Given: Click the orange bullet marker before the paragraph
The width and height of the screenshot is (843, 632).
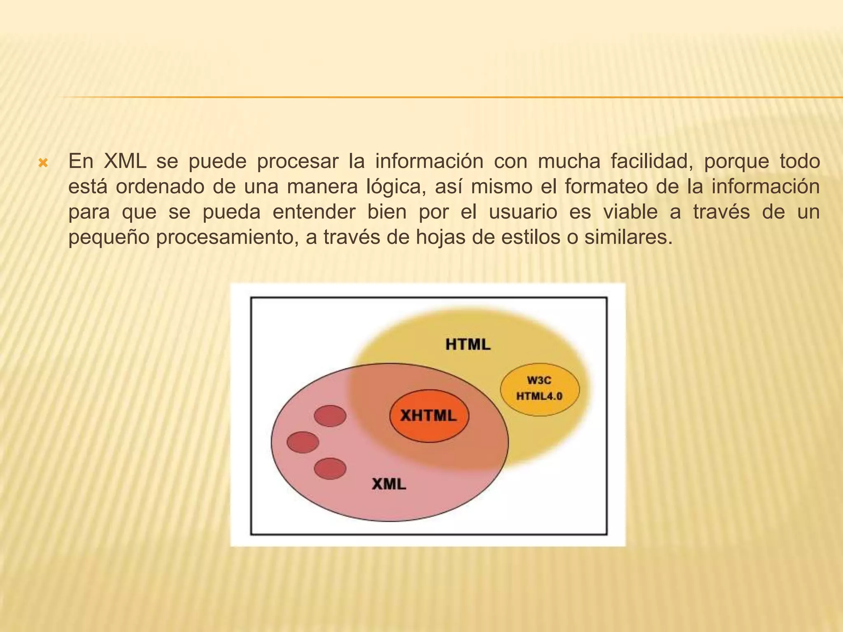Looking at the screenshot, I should pos(43,163).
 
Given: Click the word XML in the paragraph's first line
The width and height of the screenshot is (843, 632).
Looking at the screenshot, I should pos(125,161).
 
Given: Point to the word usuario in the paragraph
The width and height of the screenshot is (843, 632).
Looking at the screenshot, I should pos(523,212).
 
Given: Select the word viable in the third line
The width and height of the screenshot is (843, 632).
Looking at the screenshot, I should pos(631,212).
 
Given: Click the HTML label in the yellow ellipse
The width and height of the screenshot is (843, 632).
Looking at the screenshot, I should pos(468,344).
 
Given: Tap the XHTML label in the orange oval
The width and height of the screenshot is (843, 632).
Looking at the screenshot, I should pos(428,416).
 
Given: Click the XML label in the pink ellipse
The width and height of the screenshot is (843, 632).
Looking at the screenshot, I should pos(389,484).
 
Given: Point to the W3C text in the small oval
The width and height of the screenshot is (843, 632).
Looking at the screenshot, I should pos(539,380).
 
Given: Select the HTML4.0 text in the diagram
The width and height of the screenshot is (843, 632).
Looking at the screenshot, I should pos(539,396).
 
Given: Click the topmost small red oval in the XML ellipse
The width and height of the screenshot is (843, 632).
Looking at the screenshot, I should pos(330,416).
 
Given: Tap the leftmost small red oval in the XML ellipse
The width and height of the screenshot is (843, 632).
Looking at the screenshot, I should pos(303,442).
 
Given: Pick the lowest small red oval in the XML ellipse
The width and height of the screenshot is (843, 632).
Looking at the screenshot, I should pos(330,469).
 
